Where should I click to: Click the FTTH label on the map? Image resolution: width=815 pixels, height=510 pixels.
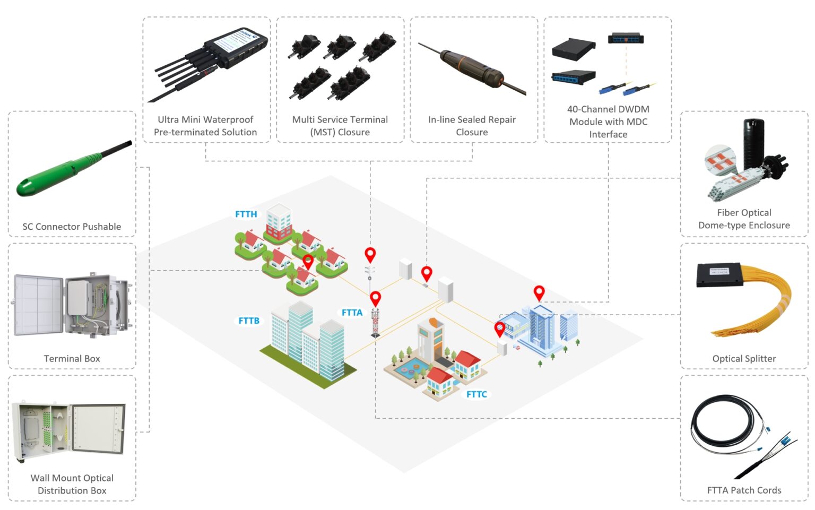click(246, 214)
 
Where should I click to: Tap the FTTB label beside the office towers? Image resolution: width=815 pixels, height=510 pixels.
click(249, 321)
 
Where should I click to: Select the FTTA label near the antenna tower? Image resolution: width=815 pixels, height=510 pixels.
click(352, 313)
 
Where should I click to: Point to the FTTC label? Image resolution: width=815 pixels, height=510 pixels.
click(476, 394)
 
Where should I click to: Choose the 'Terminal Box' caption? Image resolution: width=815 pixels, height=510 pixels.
click(72, 359)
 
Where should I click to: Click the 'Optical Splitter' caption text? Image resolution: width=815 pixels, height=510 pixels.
click(744, 359)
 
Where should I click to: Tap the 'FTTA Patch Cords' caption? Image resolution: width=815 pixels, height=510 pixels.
click(744, 490)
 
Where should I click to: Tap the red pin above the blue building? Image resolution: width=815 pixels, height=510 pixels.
click(539, 292)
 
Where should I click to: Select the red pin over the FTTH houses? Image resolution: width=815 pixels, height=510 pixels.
click(308, 262)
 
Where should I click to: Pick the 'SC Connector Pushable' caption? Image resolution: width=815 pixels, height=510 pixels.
click(72, 227)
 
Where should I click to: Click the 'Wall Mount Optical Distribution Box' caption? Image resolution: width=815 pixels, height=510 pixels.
click(72, 485)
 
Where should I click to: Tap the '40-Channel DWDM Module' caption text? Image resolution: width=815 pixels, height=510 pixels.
click(608, 122)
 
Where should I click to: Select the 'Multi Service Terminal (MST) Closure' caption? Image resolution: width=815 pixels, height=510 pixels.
click(340, 126)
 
